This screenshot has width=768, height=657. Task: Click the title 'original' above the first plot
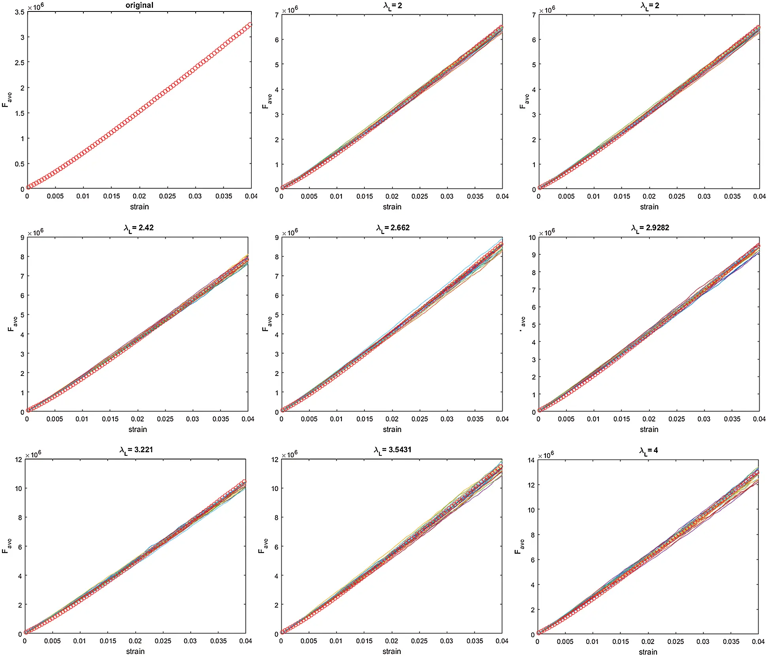139,5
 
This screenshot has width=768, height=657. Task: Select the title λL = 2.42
138,228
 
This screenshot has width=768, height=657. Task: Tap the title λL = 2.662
392,228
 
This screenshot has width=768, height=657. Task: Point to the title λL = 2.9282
650,228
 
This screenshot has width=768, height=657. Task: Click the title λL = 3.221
136,450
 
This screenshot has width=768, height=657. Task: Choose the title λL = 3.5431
392,450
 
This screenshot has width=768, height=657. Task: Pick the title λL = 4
649,451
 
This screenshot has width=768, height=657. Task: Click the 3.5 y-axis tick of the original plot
20,12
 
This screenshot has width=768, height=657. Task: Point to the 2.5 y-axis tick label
20,63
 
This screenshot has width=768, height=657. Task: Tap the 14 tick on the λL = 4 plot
531,460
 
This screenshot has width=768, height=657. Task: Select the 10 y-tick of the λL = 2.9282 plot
532,238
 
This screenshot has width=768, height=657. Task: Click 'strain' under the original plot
140,207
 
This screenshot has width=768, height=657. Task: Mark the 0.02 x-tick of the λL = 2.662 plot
392,419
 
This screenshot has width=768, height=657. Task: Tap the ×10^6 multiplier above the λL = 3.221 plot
33,455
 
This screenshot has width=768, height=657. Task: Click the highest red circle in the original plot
250,25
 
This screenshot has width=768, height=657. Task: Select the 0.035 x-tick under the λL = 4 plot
731,642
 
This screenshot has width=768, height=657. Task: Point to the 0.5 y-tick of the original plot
20,164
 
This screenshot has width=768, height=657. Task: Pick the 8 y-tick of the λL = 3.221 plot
20,517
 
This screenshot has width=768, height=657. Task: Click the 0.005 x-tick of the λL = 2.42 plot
55,419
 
